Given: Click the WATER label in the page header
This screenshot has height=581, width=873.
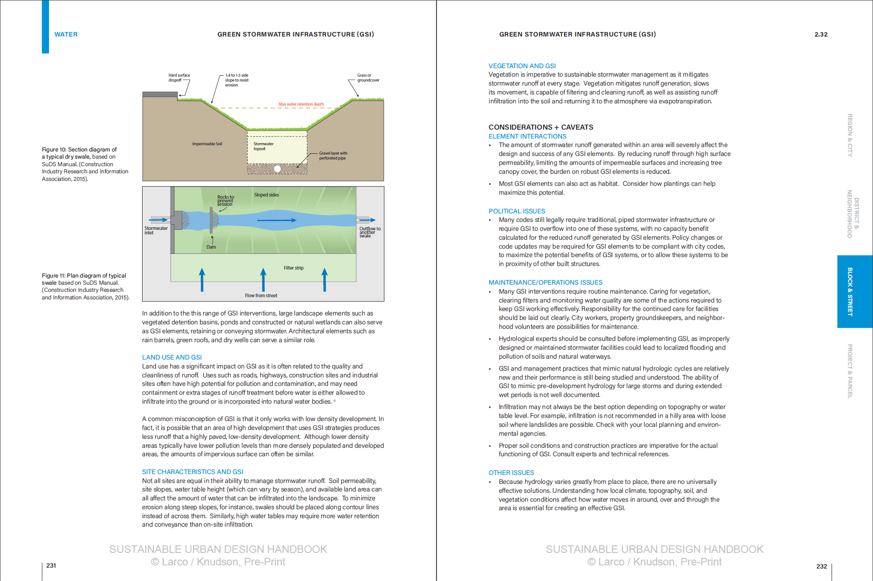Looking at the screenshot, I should point(66,34).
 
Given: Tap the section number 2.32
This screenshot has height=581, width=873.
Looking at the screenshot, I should point(821,34).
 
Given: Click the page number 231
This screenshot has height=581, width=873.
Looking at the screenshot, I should point(51,565).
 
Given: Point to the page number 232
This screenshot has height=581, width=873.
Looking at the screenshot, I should point(821,566).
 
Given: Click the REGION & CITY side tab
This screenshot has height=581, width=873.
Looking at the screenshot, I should point(850,135).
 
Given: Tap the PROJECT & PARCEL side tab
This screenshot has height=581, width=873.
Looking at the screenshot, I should point(850,371).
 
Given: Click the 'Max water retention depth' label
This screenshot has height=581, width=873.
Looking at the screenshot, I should point(301,104).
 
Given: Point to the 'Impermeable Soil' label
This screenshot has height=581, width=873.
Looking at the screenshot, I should point(207,144).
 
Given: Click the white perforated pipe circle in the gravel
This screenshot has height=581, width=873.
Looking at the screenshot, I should point(277,169).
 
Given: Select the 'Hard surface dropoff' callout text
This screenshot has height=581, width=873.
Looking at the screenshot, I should point(179,78).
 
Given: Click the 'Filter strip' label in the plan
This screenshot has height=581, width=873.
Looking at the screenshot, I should point(294,268).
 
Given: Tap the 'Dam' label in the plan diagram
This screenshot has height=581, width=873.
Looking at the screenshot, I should point(211,247).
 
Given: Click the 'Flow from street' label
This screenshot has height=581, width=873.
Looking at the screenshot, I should point(261,295).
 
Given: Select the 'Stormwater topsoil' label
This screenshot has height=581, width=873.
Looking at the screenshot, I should point(263,146).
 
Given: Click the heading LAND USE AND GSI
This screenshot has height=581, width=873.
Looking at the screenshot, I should point(172,357).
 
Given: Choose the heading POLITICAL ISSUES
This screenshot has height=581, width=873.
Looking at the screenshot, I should point(517,211).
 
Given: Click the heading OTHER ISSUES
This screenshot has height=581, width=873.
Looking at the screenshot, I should point(511,473).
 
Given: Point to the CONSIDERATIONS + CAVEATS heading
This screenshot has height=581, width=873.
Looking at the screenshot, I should point(541,127).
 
